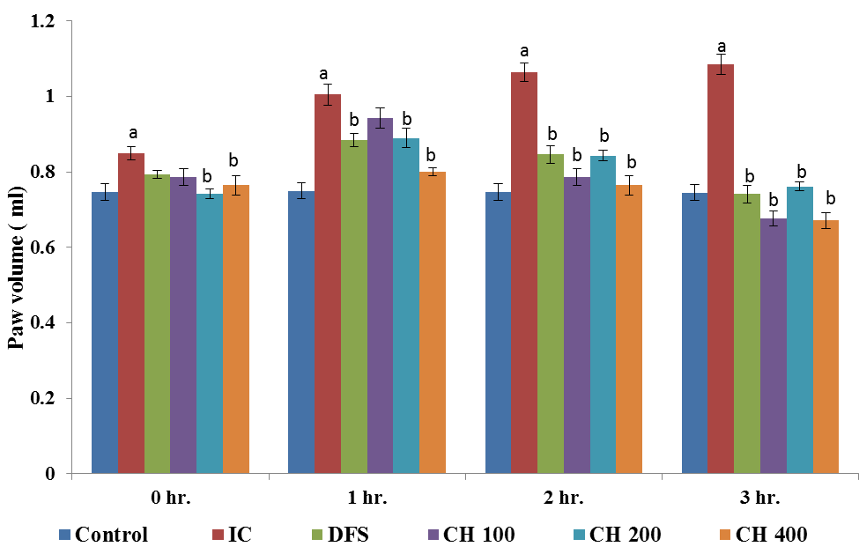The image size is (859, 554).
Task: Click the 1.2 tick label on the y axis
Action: (x=43, y=20)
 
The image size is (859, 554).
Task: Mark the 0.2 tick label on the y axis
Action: (x=43, y=399)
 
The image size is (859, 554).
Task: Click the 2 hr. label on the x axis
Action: (x=564, y=498)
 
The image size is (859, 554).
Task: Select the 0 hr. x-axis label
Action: (x=170, y=498)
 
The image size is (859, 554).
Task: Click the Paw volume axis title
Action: (x=16, y=247)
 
